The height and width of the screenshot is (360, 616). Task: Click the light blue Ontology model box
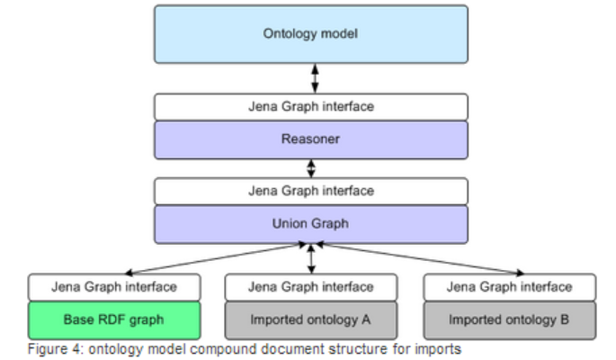point(310,34)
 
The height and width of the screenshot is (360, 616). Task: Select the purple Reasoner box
point(310,139)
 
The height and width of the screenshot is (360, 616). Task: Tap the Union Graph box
point(310,224)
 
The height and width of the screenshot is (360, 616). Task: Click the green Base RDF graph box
point(113,319)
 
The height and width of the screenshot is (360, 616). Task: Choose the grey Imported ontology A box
point(310,319)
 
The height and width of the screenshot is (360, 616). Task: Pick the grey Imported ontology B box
point(509,319)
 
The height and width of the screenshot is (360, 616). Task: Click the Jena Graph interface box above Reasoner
point(310,107)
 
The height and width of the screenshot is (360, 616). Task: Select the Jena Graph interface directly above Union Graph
point(310,192)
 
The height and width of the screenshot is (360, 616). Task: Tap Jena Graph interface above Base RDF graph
point(113,287)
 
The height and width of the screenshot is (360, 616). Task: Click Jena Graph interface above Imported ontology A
point(310,287)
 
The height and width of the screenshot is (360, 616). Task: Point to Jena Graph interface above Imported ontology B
point(509,287)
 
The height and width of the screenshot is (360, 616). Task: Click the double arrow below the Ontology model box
point(315,78)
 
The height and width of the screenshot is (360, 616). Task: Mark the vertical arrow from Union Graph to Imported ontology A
point(311,258)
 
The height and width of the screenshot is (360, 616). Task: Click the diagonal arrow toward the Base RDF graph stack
point(216,257)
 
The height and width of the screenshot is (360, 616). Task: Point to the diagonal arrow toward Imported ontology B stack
point(418,258)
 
